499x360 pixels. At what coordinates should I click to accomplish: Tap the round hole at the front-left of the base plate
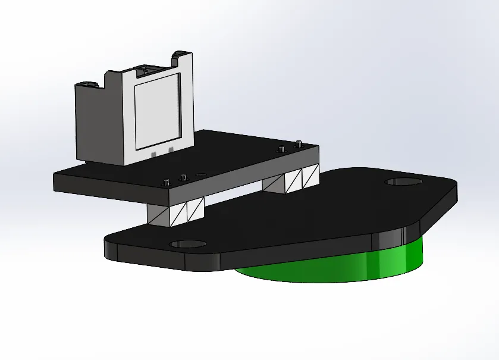point(187,244)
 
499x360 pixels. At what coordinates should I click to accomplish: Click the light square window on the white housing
point(157,111)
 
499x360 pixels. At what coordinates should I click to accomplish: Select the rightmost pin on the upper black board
point(299,144)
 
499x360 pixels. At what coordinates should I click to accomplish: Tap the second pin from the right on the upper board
point(278,149)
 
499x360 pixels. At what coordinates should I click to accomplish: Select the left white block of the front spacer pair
point(177,214)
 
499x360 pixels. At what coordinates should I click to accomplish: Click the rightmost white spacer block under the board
point(310,176)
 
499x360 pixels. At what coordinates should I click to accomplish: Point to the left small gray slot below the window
point(153,154)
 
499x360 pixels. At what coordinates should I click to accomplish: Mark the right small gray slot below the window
point(170,149)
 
